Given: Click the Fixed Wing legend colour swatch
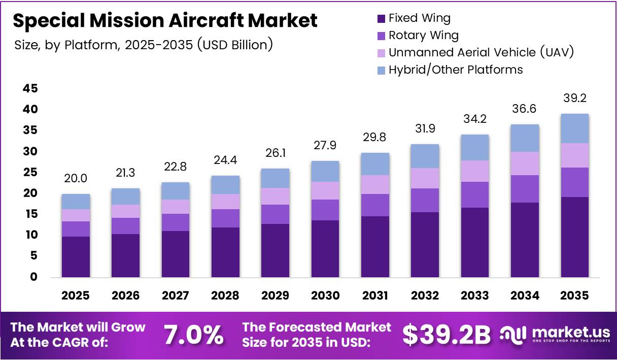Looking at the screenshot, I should [x=381, y=19].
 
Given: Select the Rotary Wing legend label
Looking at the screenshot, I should [x=423, y=36].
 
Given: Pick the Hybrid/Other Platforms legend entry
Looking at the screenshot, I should [x=455, y=70].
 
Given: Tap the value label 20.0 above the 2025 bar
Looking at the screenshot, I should [x=76, y=178].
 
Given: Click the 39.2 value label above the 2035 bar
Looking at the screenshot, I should [x=575, y=98].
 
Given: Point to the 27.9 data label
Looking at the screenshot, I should [x=325, y=146].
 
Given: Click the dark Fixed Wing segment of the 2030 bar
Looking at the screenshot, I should [x=325, y=249].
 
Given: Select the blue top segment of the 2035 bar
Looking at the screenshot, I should [x=575, y=128].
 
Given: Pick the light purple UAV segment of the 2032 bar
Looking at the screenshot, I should [x=425, y=178].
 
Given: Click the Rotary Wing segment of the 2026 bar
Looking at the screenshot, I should [x=125, y=226].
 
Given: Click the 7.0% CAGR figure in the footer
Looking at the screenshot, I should [x=193, y=335].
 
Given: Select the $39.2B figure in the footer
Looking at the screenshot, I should [x=447, y=335].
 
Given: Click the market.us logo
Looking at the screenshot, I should [x=556, y=334].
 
